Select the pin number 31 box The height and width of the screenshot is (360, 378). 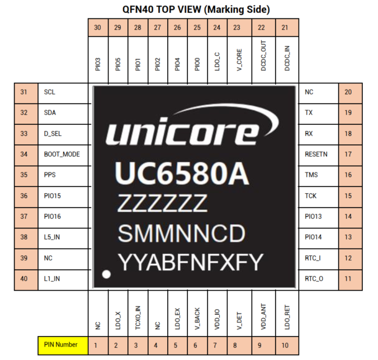point(23,92)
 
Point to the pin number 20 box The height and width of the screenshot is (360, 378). point(348,92)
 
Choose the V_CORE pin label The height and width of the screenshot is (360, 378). point(237,59)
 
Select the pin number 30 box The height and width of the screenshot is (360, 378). point(98,28)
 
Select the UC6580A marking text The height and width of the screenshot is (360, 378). point(181,174)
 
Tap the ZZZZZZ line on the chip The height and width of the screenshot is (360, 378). point(162,203)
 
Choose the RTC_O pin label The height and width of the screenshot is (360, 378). point(314,278)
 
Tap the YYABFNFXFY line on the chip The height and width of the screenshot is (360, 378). point(189,260)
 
